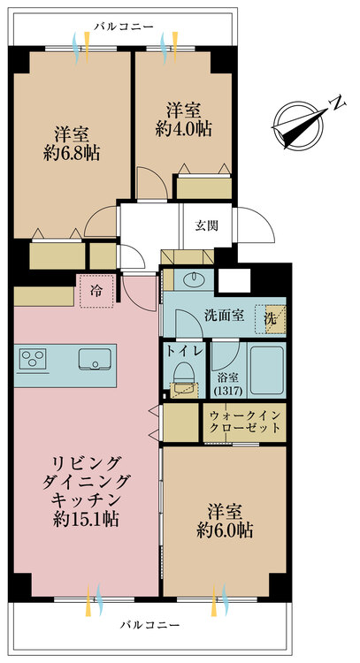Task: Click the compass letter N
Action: tap(338, 103)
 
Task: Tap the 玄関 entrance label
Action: tap(207, 225)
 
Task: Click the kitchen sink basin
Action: tap(95, 360)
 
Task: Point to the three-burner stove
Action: tap(33, 360)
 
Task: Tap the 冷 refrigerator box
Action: tap(97, 291)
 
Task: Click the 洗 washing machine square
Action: tap(271, 319)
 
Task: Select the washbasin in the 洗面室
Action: tap(194, 278)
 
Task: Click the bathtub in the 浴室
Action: tap(266, 370)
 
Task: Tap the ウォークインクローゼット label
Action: tap(245, 421)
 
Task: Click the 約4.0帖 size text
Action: tap(184, 129)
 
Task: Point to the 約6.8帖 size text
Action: tap(72, 153)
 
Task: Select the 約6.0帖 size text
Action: tap(225, 530)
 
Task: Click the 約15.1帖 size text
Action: tap(86, 519)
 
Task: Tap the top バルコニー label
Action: tap(124, 27)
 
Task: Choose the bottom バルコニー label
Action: tap(149, 624)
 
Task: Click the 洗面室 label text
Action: tap(224, 316)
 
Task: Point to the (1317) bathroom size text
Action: tap(228, 391)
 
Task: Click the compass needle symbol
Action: tap(300, 125)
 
